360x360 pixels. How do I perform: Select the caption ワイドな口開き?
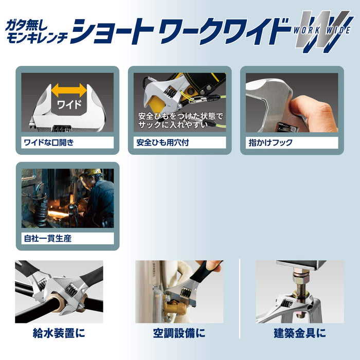(48, 142)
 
